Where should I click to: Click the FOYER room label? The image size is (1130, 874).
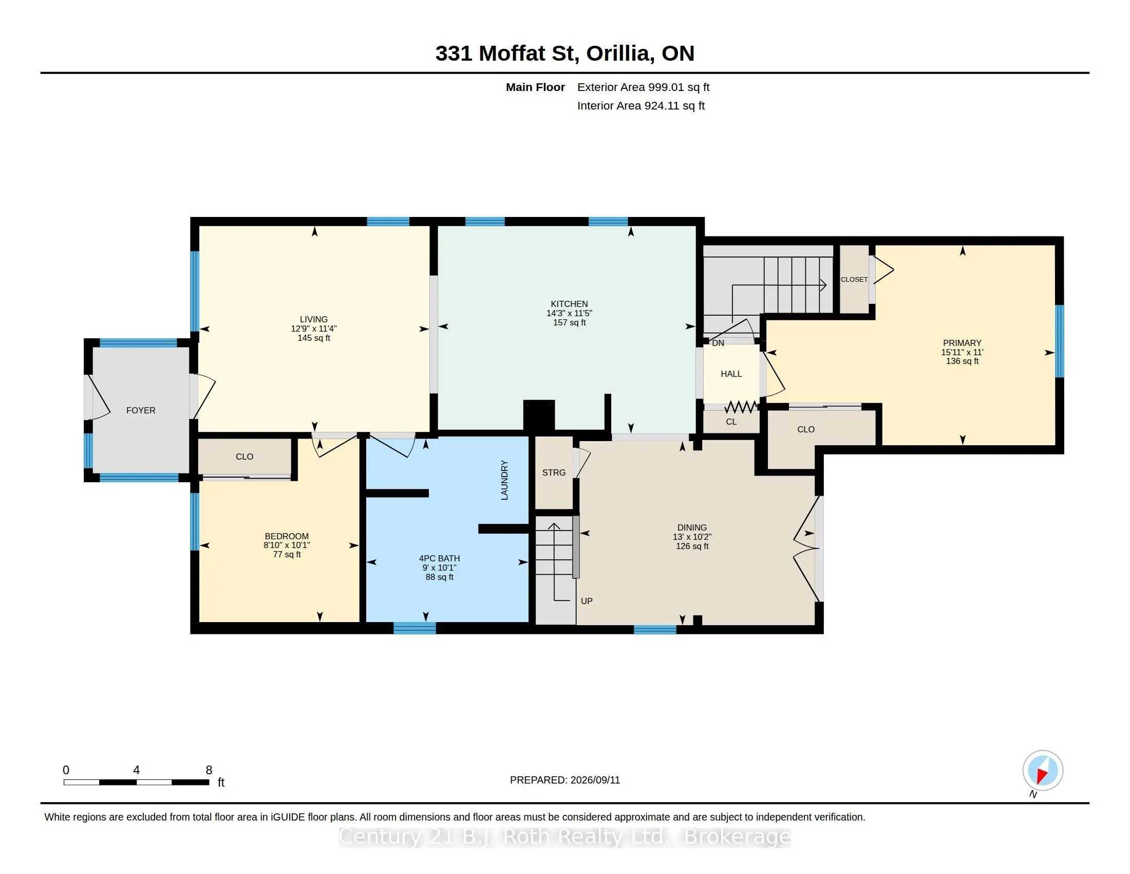(141, 410)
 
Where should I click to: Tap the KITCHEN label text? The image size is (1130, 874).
(569, 304)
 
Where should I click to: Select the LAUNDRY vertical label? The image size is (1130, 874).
(504, 480)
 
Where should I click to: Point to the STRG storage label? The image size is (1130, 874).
(554, 472)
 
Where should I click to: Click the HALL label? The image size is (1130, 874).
(731, 374)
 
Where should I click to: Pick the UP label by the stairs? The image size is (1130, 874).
(586, 601)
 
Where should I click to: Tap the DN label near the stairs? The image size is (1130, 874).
(718, 343)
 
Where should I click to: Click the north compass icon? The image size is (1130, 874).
(1043, 770)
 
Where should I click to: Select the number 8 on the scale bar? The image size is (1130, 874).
(209, 770)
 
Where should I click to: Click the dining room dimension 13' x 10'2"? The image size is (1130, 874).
(692, 537)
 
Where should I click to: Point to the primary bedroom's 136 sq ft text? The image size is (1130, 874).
(963, 361)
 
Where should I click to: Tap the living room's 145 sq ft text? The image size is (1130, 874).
(313, 338)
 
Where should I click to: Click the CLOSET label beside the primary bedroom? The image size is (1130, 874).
(854, 280)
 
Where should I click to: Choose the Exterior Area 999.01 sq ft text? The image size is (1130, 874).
(643, 87)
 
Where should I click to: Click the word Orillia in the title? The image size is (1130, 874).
(618, 53)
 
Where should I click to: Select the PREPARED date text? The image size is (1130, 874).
(565, 780)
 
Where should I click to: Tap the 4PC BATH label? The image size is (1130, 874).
(439, 558)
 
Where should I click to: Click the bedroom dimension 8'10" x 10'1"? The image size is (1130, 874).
(287, 545)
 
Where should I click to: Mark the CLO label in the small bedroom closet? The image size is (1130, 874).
(244, 457)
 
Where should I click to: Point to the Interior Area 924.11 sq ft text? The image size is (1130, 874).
(641, 106)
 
